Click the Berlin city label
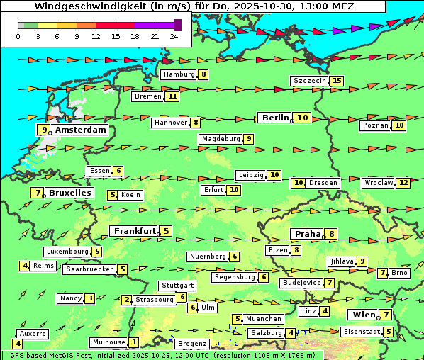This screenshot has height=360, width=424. click(x=274, y=118)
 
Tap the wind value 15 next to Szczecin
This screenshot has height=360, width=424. click(x=336, y=81)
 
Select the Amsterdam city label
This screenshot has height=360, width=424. click(x=80, y=130)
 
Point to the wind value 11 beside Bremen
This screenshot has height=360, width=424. click(x=173, y=96)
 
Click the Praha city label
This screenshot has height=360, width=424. click(x=308, y=234)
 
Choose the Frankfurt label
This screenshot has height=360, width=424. click(x=135, y=231)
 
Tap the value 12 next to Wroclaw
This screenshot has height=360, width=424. click(x=403, y=183)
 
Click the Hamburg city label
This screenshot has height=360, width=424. click(x=179, y=74)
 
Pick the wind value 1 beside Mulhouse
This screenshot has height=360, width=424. click(x=134, y=342)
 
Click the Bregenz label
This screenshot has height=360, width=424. click(x=192, y=344)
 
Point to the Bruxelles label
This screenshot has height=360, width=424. click(x=69, y=193)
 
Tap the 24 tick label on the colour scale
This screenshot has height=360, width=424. click(x=174, y=36)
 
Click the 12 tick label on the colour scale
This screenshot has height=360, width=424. click(x=96, y=36)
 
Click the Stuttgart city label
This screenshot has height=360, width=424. click(x=177, y=286)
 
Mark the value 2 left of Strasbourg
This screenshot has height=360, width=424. click(x=127, y=300)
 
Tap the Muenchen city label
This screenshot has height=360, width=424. click(x=264, y=319)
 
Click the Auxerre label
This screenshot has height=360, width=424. click(x=33, y=333)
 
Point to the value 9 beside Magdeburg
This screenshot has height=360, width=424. click(x=248, y=139)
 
